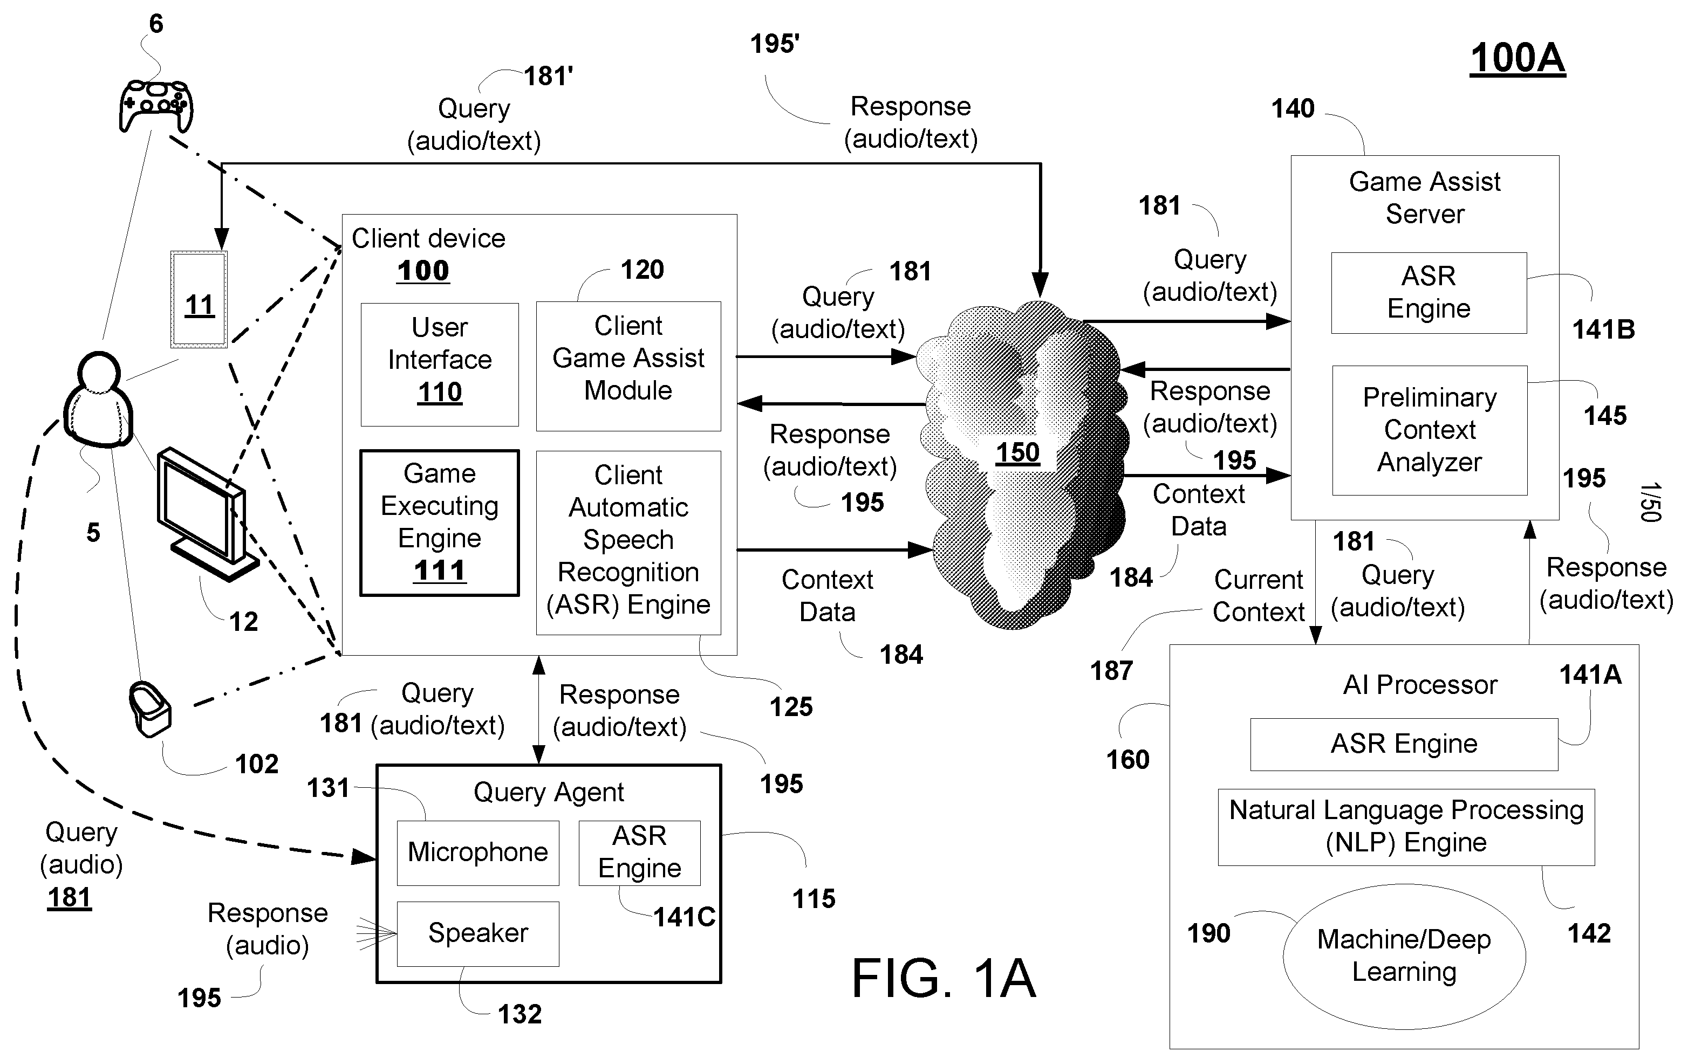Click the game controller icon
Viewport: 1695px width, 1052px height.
coord(155,106)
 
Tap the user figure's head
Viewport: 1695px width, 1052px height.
coord(98,373)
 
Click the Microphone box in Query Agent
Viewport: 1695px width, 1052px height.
coord(477,852)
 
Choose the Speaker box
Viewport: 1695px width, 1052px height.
coord(477,933)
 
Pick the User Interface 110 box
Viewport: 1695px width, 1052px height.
coord(439,363)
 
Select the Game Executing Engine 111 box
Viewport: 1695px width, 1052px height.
coord(439,522)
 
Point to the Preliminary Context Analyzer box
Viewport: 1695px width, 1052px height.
coord(1429,430)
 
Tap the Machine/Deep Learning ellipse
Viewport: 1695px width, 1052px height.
coord(1404,956)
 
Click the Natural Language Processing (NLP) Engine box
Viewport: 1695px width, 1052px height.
coord(1405,827)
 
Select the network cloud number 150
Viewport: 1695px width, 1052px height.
coord(1017,453)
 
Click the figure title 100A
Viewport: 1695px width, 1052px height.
coord(1517,58)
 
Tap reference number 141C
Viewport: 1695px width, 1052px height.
coord(684,917)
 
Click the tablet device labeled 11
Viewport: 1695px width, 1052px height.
coord(199,299)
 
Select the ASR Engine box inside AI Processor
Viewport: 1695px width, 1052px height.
coord(1403,744)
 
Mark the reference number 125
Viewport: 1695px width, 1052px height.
coord(791,707)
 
